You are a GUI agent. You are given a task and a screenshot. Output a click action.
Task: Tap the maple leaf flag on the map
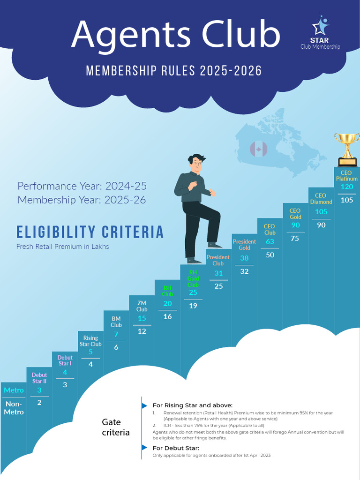[x=258, y=150]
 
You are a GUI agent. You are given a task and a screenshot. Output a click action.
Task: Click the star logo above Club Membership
[x=321, y=27]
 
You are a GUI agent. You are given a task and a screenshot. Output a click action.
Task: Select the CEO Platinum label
[x=346, y=176]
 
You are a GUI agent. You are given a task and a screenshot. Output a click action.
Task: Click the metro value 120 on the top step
[x=347, y=187]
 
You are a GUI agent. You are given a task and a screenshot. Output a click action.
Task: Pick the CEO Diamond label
[x=321, y=199]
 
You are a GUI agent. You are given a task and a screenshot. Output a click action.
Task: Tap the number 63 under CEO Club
[x=270, y=242]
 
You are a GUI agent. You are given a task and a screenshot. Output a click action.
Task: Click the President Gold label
[x=244, y=245]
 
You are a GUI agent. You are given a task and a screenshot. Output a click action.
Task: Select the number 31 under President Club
[x=218, y=273]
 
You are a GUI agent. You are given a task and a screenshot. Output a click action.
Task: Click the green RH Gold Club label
[x=193, y=278]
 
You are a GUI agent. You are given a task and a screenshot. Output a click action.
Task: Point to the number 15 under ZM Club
[x=142, y=319]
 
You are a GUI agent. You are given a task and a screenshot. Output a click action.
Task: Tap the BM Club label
[x=116, y=322]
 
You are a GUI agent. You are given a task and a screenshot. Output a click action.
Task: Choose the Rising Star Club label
[x=90, y=341]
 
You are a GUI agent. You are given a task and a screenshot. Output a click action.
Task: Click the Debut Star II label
[x=39, y=378]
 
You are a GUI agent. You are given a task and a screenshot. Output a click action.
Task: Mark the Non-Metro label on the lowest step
[x=14, y=408]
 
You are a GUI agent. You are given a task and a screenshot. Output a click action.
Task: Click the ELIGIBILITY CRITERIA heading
[x=90, y=232]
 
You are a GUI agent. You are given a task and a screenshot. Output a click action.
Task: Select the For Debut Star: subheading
[x=176, y=448]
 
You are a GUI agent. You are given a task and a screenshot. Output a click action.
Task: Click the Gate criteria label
[x=116, y=427]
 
